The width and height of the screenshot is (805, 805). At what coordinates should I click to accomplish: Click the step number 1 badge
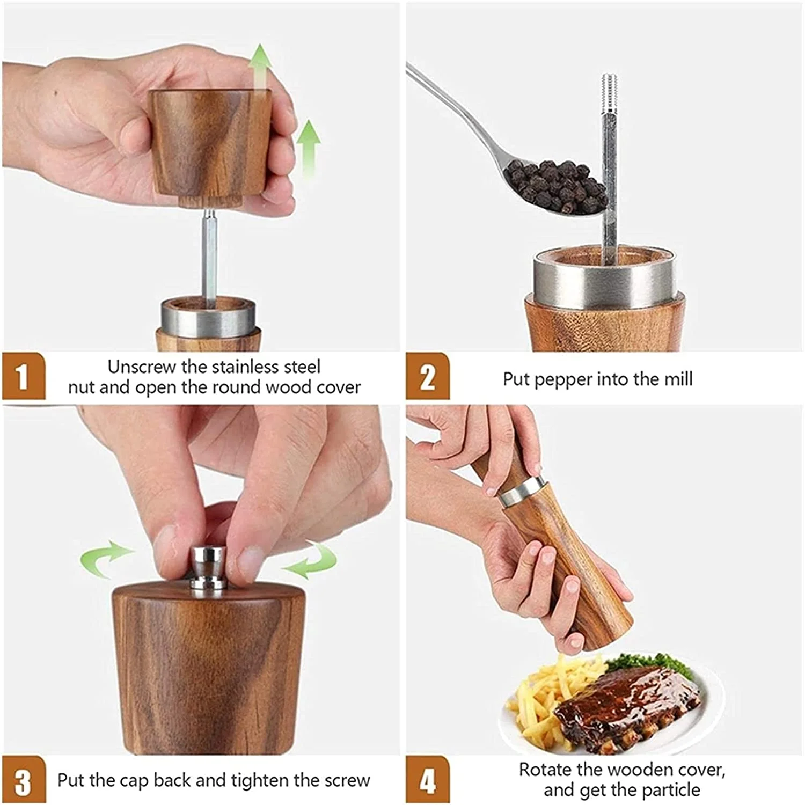pyautogui.click(x=23, y=377)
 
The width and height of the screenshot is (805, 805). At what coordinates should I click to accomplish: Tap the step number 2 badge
pyautogui.click(x=427, y=377)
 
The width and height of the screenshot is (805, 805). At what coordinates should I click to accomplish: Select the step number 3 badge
pyautogui.click(x=23, y=781)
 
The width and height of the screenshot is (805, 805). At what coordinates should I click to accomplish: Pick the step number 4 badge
pyautogui.click(x=427, y=781)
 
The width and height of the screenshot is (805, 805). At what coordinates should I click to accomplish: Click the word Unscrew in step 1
pyautogui.click(x=142, y=367)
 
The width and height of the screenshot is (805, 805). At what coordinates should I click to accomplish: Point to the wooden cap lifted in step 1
pyautogui.click(x=209, y=142)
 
